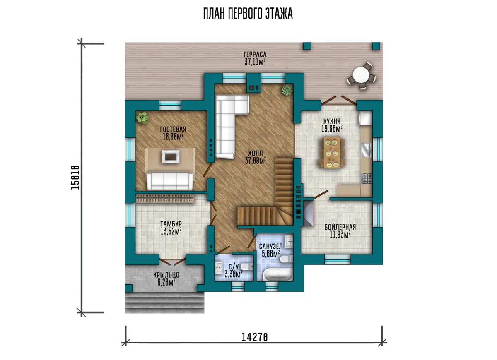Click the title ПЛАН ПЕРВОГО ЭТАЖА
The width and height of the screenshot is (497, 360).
tap(248, 14)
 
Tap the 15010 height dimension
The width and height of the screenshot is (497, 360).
tap(75, 178)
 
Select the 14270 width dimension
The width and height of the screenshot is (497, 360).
tap(254, 337)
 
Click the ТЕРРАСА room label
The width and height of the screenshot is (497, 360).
tap(255, 54)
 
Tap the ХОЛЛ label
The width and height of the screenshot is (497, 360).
tap(256, 153)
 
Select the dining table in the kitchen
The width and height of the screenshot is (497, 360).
tap(332, 152)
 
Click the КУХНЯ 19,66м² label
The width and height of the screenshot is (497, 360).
tap(332, 125)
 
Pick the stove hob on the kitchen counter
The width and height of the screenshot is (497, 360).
tap(367, 178)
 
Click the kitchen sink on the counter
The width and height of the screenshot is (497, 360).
tap(366, 150)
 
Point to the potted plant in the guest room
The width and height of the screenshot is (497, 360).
tap(142, 118)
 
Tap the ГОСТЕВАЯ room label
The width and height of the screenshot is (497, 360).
tap(173, 129)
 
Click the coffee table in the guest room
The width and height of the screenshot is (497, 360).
tap(171, 157)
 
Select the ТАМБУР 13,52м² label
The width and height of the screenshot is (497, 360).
tap(171, 228)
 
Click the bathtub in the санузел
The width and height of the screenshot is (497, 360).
tap(278, 275)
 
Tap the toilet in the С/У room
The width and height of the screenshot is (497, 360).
tap(247, 266)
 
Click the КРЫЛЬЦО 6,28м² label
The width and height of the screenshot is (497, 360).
tap(166, 278)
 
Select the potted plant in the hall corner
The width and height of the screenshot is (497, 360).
tap(287, 91)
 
